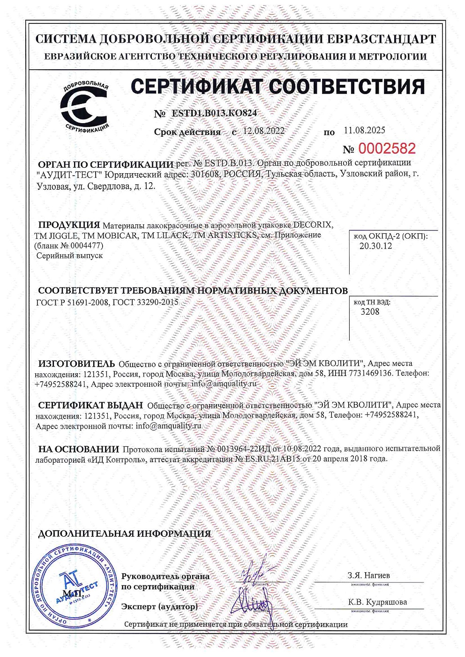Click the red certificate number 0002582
click(x=387, y=149)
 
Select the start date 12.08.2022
click(x=263, y=131)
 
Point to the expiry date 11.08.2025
click(x=364, y=130)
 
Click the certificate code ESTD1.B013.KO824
click(x=214, y=113)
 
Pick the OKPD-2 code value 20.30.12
click(x=375, y=246)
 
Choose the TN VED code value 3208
click(x=370, y=312)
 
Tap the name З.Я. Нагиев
click(x=368, y=576)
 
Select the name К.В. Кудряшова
click(x=377, y=602)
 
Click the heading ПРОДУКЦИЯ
click(x=69, y=225)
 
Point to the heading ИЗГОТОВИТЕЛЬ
click(x=76, y=363)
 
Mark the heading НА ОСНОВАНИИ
click(x=78, y=449)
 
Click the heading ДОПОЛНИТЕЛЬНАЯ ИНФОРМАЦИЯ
click(x=124, y=533)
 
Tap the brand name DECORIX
click(x=313, y=225)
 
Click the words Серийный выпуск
click(x=69, y=256)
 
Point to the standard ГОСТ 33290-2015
click(x=145, y=303)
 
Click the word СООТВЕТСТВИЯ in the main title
click(x=347, y=87)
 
